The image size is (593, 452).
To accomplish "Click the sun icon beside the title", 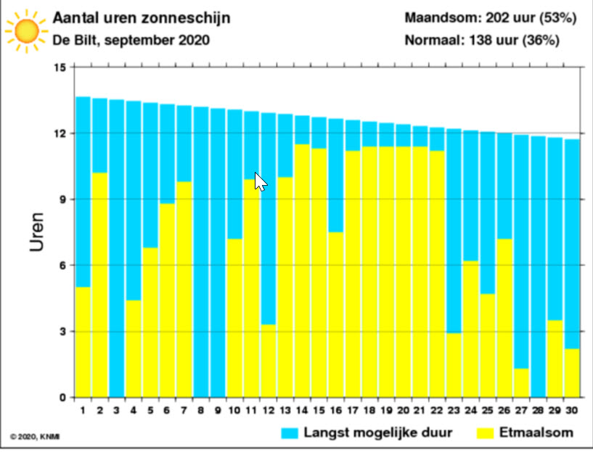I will pos(27,30).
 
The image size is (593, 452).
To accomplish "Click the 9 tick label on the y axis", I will pos(62,200).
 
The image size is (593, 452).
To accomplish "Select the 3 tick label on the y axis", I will pos(62,332).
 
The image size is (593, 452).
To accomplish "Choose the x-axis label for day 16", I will pos(335,411).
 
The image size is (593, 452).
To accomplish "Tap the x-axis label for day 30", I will pos(572,411).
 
